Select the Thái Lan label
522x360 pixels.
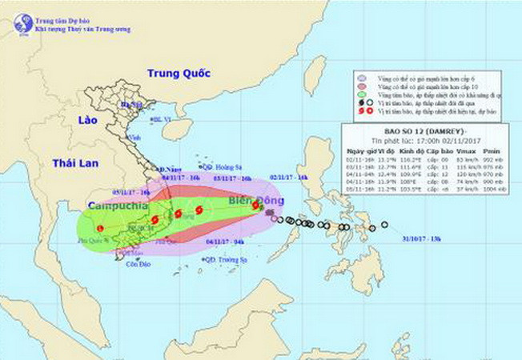point(74,163)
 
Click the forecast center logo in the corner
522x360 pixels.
point(22,24)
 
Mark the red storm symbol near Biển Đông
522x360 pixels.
point(255,206)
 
